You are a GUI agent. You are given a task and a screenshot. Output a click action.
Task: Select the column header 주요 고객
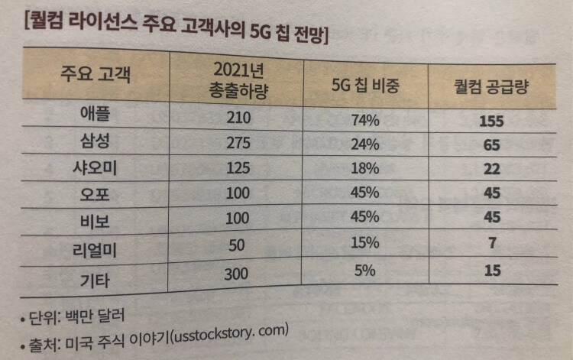[x=95, y=78]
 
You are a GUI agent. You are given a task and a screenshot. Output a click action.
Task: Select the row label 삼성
[x=95, y=141]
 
